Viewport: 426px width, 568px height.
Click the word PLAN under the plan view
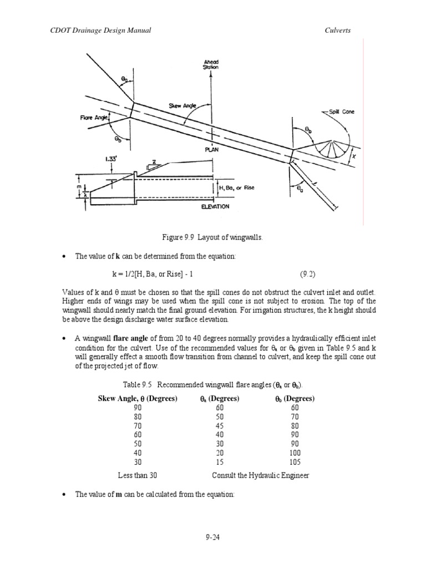211,149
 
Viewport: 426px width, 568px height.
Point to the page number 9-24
213,536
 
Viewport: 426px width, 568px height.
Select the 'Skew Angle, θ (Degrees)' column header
138,399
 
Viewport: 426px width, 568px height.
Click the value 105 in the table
296,462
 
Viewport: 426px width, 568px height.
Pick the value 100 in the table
296,453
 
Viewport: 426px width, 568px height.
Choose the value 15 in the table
219,462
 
